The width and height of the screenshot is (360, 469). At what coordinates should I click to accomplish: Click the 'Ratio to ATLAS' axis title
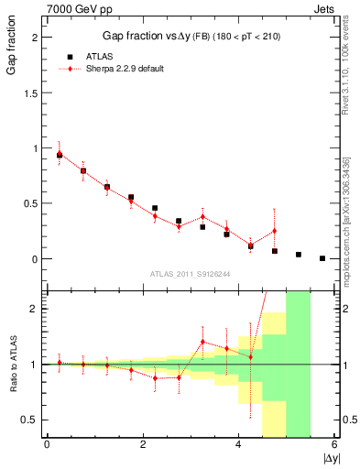(11, 364)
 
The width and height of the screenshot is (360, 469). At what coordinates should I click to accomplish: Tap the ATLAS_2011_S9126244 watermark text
(190, 273)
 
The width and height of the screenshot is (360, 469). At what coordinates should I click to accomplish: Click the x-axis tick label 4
(239, 445)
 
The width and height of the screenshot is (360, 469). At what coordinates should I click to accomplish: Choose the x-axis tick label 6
(335, 445)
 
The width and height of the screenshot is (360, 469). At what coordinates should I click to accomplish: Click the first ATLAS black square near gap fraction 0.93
(60, 156)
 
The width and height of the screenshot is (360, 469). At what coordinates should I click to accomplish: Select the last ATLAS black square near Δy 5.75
(322, 258)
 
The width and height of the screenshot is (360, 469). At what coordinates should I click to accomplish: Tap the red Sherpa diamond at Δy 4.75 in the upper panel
(274, 231)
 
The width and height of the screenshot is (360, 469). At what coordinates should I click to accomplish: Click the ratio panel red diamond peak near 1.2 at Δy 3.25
(202, 342)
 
